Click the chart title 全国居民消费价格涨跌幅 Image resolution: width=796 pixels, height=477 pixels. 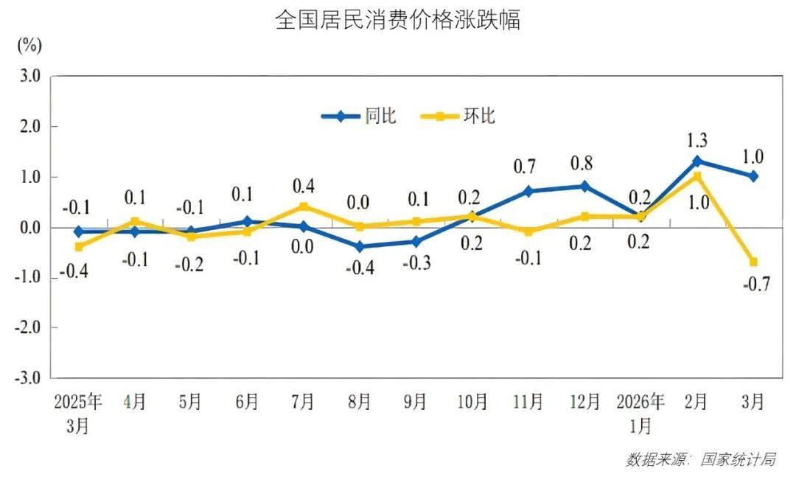pos(398,19)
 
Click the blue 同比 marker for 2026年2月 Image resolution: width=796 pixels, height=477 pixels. pos(697,161)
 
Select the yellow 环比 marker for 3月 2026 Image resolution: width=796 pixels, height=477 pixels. pos(753,262)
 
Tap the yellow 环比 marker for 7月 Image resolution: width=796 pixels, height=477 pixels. pos(304,206)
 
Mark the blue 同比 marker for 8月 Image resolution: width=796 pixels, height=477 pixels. pos(360,247)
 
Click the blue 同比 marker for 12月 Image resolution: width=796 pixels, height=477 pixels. pos(584,187)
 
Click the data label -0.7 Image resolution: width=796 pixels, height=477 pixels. pos(757,283)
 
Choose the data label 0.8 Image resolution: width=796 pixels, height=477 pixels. pos(582,164)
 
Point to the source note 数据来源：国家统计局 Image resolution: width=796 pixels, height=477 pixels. pos(700,459)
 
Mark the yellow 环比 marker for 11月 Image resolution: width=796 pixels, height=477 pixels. pos(528,231)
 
